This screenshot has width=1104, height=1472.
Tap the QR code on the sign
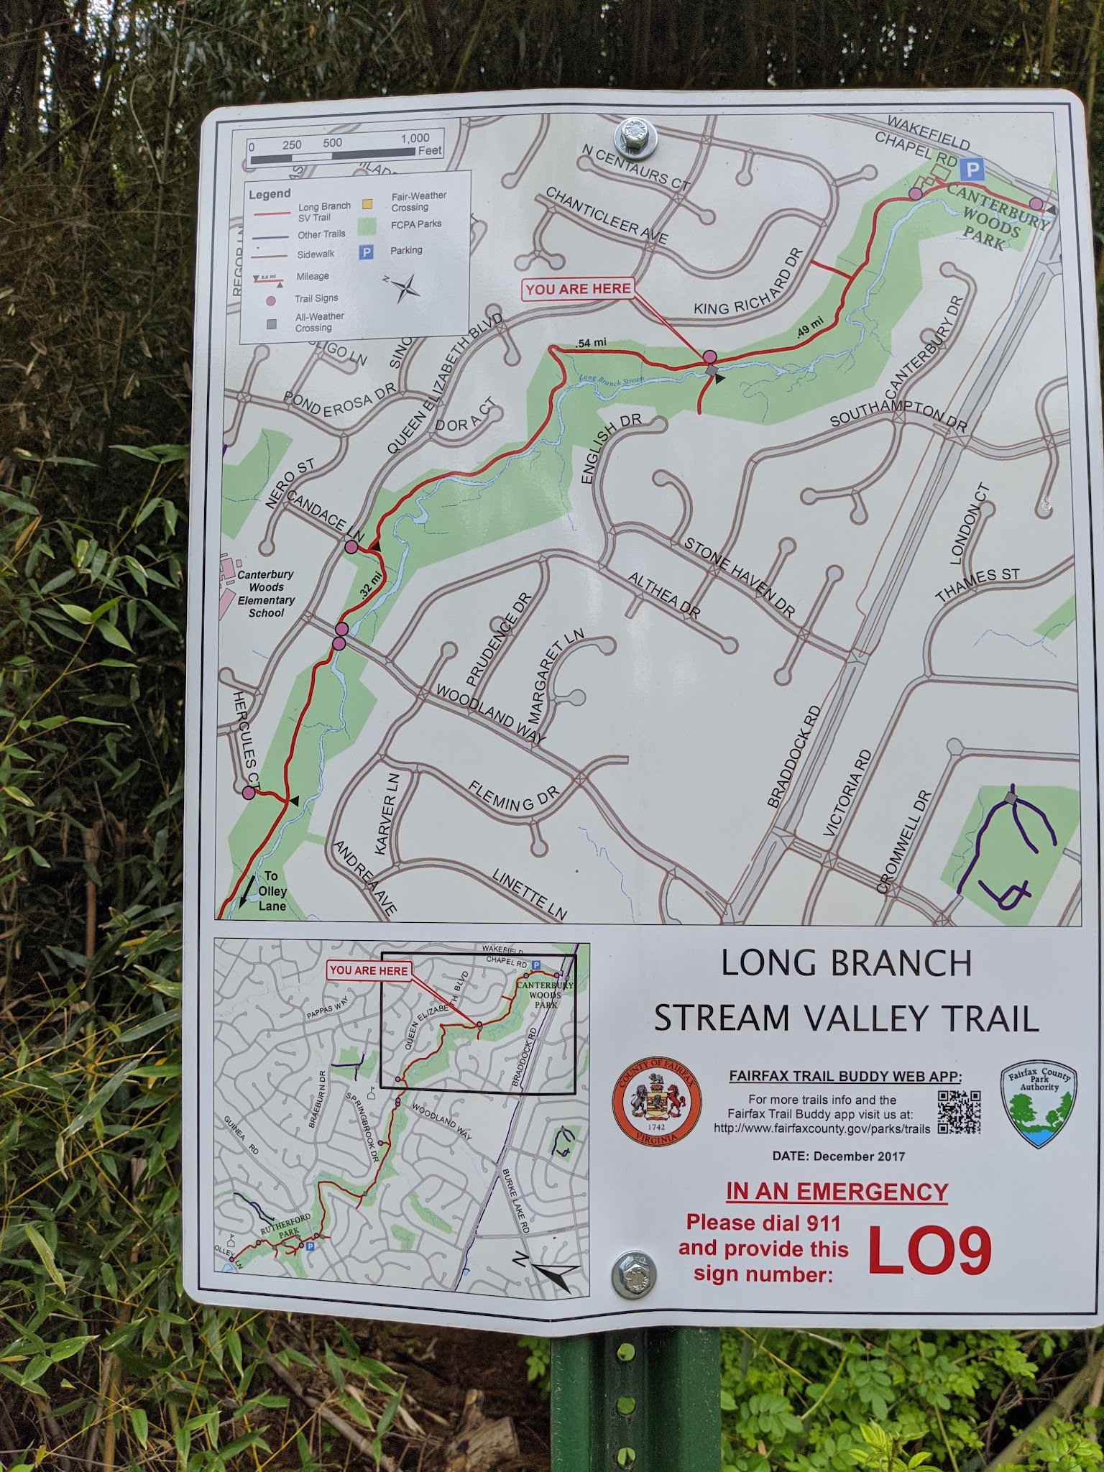point(959,1112)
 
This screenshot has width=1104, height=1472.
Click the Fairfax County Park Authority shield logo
point(1039,1105)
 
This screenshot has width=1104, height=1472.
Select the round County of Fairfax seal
point(657,1104)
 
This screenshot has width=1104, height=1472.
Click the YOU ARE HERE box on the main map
point(578,289)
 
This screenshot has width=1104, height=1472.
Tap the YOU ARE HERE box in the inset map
point(369,970)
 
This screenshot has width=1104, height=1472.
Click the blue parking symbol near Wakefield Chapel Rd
point(972,170)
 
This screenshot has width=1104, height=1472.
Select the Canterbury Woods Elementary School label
point(266,594)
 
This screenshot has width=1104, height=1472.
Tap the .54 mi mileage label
point(591,343)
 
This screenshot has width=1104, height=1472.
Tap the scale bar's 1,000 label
point(415,138)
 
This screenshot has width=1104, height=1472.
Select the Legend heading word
point(270,194)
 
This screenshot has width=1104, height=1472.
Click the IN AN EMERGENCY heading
point(837,1192)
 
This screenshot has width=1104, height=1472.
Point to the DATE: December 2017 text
point(838,1156)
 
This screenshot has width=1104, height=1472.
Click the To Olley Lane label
point(272,891)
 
